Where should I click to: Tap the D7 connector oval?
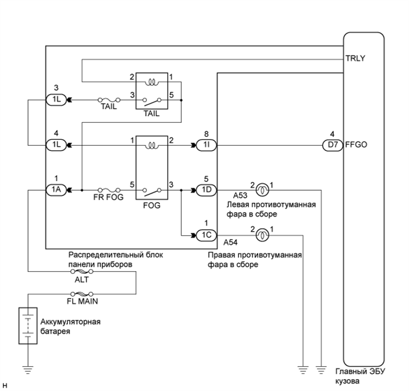(x=331, y=144)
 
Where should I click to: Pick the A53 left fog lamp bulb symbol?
(x=262, y=190)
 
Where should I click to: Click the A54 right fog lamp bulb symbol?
(x=262, y=235)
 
